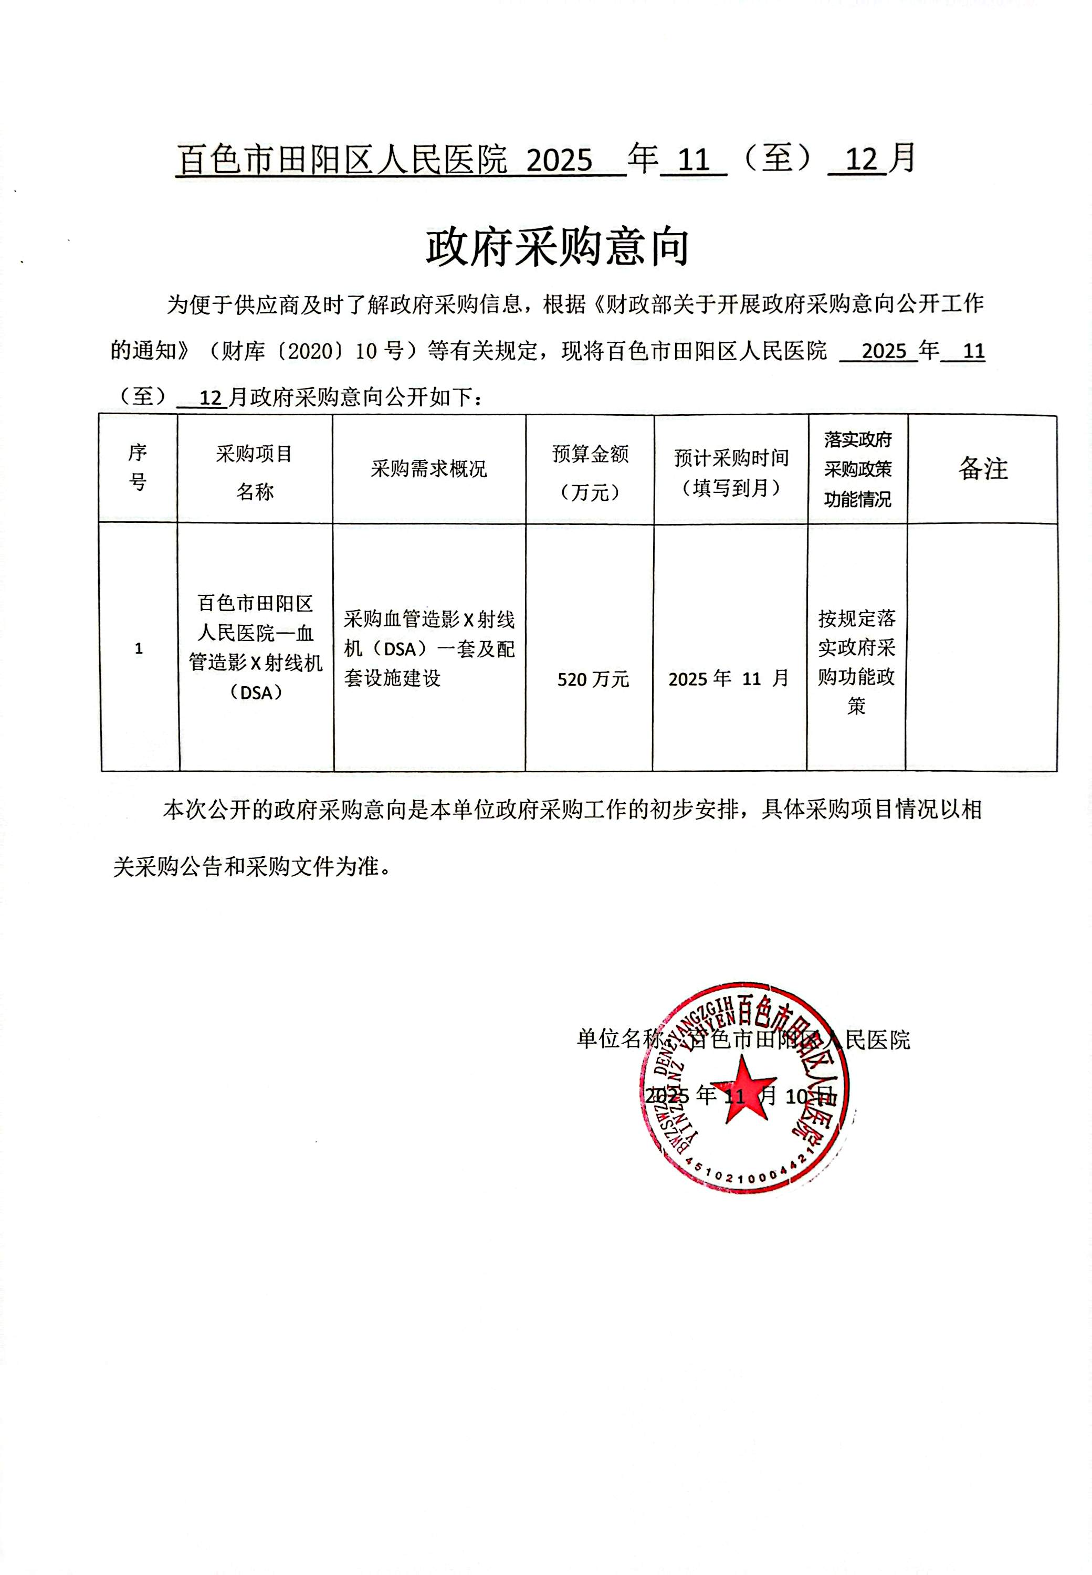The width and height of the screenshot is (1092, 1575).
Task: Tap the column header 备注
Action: pos(982,469)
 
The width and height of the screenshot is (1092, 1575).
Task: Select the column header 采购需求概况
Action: pos(429,469)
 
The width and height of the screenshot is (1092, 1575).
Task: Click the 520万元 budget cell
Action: pos(593,679)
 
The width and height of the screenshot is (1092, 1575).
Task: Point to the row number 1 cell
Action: pos(139,648)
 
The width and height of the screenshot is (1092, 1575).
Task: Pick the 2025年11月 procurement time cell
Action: pos(729,679)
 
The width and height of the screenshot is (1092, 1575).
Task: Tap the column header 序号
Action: pos(138,467)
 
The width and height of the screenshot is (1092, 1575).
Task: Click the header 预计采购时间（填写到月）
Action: pos(731,472)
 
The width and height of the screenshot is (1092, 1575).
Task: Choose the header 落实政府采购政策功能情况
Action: pos(857,469)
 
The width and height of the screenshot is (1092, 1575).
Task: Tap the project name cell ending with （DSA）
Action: pos(255,647)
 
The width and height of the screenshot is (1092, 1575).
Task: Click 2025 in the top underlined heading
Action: pos(559,161)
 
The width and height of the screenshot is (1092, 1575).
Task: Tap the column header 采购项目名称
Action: pos(255,472)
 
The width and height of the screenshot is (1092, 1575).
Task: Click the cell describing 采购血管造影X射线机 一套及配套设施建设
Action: pos(429,648)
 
